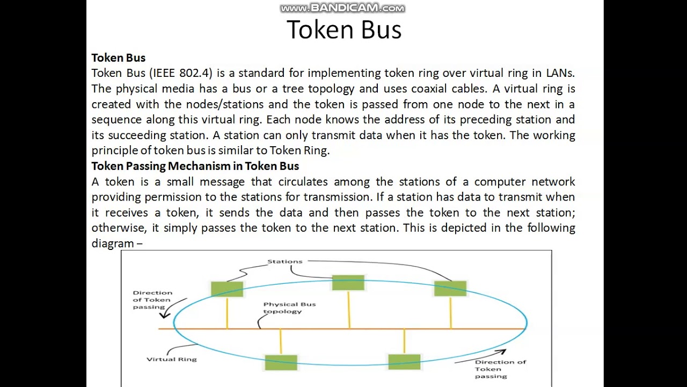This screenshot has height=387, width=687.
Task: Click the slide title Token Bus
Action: tap(343, 30)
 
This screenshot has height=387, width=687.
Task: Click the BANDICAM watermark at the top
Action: tap(342, 8)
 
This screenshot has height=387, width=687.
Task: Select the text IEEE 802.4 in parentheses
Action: tap(182, 73)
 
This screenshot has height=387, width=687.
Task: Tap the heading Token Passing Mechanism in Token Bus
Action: tap(195, 166)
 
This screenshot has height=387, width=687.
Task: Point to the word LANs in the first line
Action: tap(560, 73)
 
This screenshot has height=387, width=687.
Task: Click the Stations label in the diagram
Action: tap(284, 262)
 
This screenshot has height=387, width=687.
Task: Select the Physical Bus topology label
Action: tap(289, 307)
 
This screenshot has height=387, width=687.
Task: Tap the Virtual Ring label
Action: tap(172, 359)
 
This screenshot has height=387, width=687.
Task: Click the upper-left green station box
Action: tap(227, 289)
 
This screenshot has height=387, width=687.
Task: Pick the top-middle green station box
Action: tap(348, 283)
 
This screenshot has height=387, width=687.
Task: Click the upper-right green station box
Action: tap(450, 289)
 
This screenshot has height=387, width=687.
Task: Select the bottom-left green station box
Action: tap(281, 362)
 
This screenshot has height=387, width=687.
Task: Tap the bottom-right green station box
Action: tap(404, 362)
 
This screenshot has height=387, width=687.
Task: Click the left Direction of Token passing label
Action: tap(152, 300)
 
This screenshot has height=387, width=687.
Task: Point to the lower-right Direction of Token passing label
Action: tap(493, 369)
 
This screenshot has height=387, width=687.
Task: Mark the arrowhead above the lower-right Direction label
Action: tap(502, 352)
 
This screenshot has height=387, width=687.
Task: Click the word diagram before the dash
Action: tap(113, 243)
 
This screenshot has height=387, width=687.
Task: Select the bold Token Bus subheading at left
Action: tap(118, 58)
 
